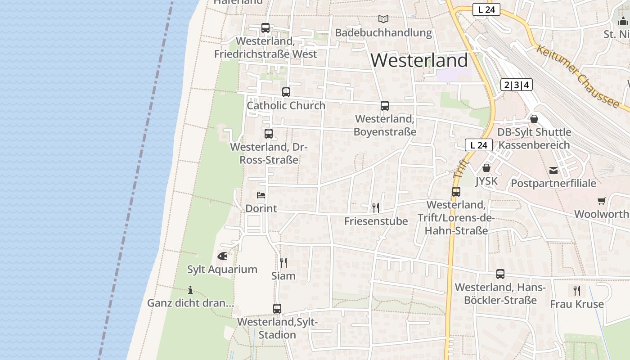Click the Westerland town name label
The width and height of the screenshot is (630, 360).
click(419, 60)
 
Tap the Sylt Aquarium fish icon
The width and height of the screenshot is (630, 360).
click(222, 256)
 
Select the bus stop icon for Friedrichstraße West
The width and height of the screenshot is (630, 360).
click(265, 28)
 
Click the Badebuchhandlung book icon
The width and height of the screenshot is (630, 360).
click(383, 19)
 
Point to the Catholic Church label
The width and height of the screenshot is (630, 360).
click(286, 106)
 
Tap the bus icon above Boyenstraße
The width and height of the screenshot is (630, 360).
click(385, 106)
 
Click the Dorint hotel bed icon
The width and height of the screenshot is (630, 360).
click(261, 195)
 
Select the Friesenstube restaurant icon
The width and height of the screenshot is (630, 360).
click(376, 207)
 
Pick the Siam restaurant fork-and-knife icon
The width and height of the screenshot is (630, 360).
click(283, 262)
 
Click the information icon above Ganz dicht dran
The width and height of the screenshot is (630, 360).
click(190, 290)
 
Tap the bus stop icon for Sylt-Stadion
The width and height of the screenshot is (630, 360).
click(277, 309)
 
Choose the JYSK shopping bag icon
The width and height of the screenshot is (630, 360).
click(486, 168)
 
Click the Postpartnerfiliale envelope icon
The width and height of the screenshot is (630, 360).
click(553, 171)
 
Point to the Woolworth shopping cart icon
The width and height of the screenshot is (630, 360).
click(602, 201)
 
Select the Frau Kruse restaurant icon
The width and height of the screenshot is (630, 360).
click(577, 290)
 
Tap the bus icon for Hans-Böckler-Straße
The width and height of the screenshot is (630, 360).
click(500, 274)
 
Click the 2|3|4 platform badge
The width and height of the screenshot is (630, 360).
click(516, 85)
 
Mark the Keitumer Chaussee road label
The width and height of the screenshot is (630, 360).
click(577, 76)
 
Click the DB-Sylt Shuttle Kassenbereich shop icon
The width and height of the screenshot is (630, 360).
click(534, 119)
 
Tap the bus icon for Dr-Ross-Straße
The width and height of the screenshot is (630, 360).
click(269, 134)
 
